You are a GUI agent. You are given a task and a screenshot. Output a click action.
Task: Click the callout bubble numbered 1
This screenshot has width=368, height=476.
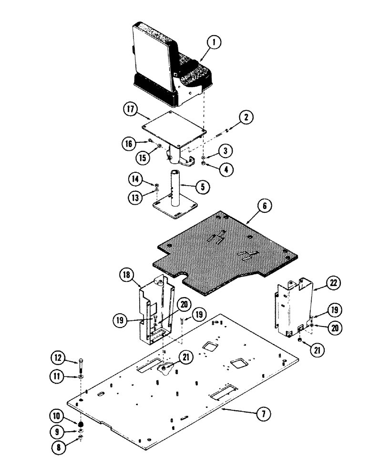tap(215, 43)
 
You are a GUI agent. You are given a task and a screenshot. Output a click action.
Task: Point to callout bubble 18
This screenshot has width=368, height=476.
tap(126, 275)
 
